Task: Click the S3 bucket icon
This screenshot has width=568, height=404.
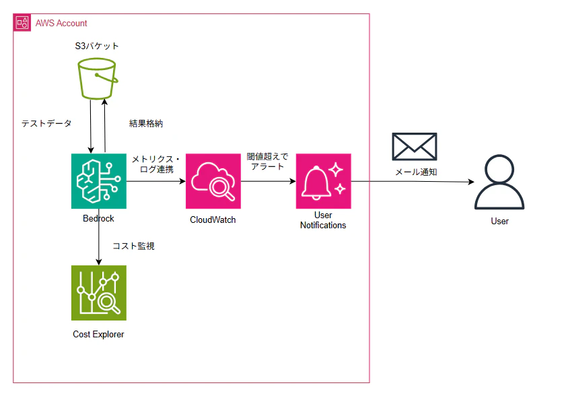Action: coord(98,78)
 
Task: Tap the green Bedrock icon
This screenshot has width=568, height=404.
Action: coord(99,181)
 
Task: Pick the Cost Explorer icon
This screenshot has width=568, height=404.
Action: coord(99,293)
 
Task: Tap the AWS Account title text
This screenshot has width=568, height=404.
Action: coord(61,24)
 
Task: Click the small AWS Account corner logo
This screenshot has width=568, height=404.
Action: coord(22,23)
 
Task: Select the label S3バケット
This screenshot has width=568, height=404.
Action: coord(98,46)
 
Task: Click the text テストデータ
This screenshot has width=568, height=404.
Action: coord(47,124)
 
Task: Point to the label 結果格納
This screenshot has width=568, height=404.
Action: coord(146,124)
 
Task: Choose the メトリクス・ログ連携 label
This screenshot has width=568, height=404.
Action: coord(155,163)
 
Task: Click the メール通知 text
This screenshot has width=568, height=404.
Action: coord(416,172)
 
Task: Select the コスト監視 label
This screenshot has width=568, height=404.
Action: coord(133,246)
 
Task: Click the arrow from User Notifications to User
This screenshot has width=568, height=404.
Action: coord(411,182)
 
